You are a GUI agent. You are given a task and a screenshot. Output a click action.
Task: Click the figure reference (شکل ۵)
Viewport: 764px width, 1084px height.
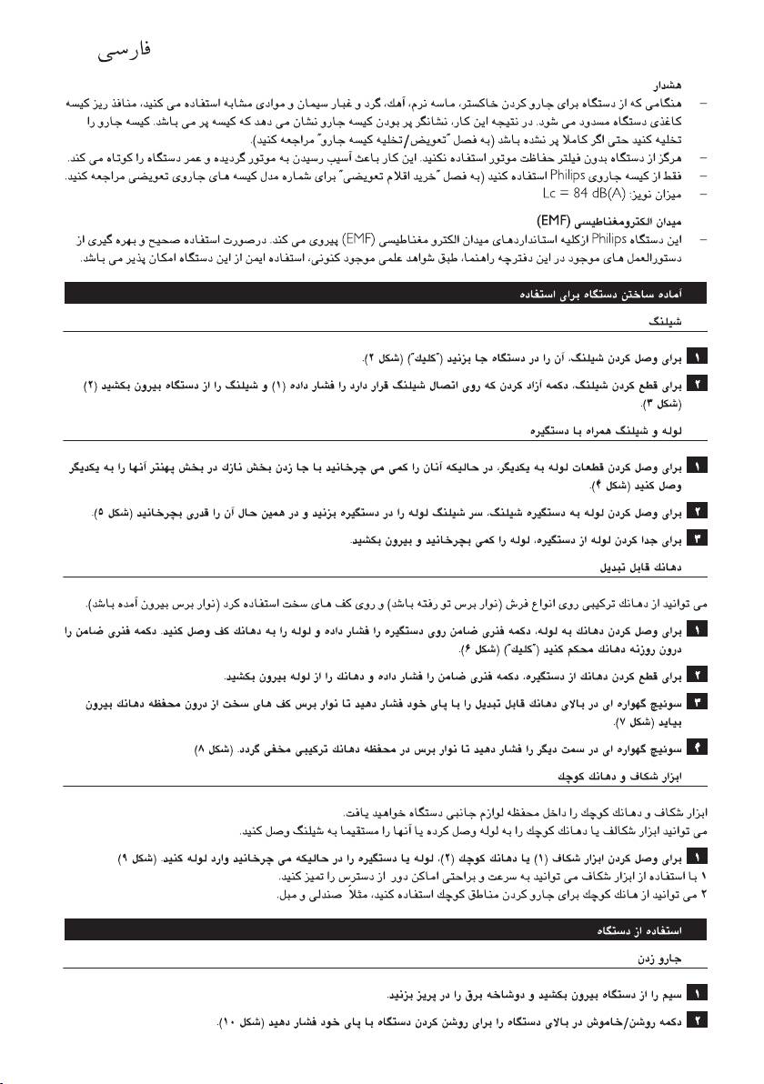[x=122, y=518]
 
